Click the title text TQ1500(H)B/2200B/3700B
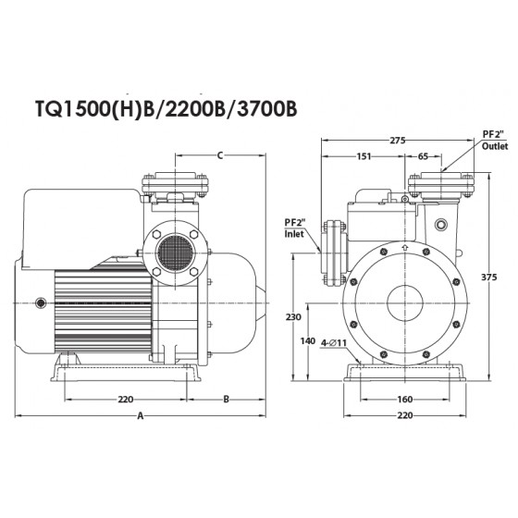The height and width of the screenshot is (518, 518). point(166,109)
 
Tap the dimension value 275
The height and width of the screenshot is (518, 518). point(398,141)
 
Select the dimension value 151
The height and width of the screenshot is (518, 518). point(364,156)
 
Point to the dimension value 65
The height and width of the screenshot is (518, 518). point(423,156)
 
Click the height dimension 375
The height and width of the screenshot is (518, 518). point(488,277)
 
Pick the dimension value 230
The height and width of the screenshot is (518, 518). point(293,317)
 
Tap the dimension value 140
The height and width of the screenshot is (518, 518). point(307,341)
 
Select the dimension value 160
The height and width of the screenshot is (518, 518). point(405,400)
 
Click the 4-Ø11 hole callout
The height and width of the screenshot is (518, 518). point(334,343)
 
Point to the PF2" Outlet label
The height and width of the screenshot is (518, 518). point(495,140)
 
